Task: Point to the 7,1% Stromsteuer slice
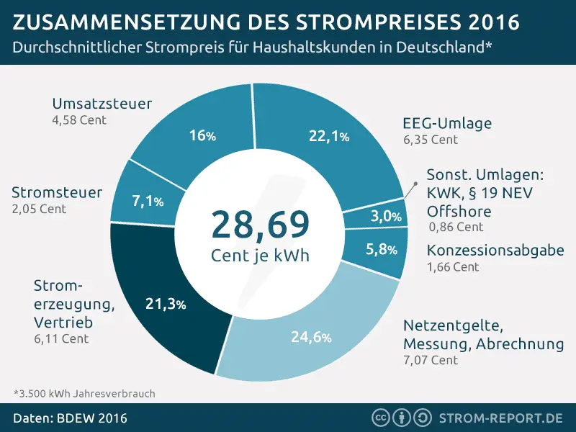148,202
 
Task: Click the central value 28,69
260,225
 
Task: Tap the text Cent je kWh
260,256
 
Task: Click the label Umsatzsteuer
102,104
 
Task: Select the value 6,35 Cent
431,140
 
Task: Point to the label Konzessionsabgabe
495,251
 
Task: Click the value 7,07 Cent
431,360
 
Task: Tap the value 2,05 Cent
39,209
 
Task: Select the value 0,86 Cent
456,227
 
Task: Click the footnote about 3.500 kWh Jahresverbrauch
84,394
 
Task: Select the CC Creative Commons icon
380,418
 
